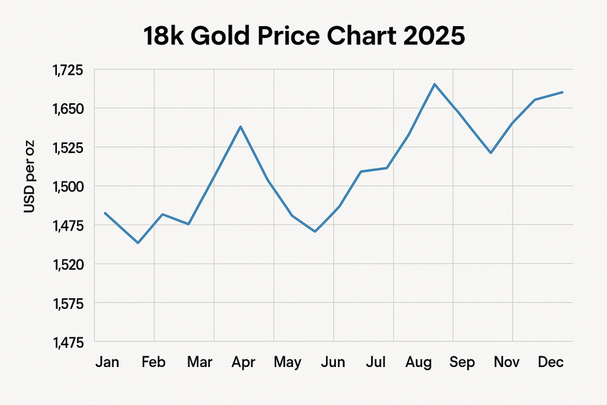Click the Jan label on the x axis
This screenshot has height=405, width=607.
point(107,362)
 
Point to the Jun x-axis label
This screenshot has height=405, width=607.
point(333,362)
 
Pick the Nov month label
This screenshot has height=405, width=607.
point(507,362)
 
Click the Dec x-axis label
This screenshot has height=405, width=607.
point(551,362)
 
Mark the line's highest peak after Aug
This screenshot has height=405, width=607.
point(435,84)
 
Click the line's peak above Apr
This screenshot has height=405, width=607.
point(241,126)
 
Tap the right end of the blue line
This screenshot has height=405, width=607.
point(563,92)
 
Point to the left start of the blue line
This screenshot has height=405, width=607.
point(105,213)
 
